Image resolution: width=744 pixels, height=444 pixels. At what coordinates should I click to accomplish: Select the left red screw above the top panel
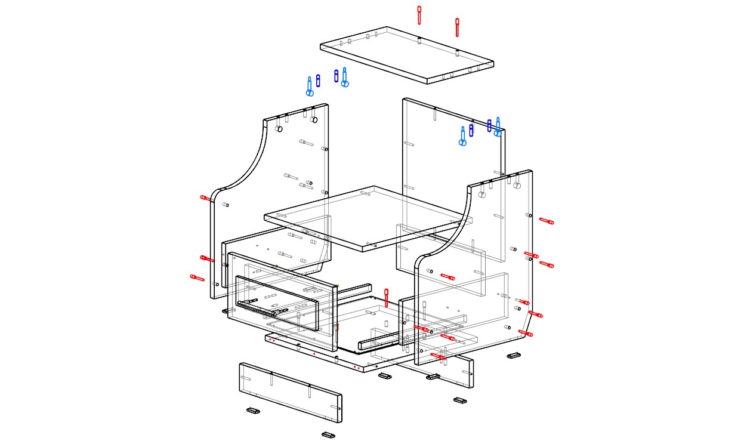pos(419,15)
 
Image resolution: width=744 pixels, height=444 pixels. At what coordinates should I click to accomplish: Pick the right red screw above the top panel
pos(457,26)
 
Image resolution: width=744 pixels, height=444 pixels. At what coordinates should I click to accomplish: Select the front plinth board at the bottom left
pos(291,392)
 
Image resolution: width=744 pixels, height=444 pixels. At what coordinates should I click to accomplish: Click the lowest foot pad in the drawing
pos(328,434)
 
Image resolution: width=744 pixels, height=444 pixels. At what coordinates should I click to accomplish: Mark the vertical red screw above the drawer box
pos(387,298)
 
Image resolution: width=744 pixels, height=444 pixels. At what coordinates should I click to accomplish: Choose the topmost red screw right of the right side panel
pos(546,221)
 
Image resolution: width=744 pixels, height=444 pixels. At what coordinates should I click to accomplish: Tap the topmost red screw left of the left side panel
pos(205,198)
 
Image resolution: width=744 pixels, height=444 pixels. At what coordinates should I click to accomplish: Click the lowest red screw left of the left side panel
pos(197,277)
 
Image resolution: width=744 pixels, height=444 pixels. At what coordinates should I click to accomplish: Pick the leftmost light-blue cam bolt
pos(310,87)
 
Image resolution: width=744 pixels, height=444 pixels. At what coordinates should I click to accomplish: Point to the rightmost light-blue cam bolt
pos(498,127)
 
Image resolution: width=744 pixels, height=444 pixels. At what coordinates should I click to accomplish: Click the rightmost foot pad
pos(514,356)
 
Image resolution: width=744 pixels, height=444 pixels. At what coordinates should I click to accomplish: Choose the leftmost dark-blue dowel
pos(318,79)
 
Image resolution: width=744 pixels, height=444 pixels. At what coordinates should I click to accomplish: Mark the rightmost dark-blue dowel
pos(489,125)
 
